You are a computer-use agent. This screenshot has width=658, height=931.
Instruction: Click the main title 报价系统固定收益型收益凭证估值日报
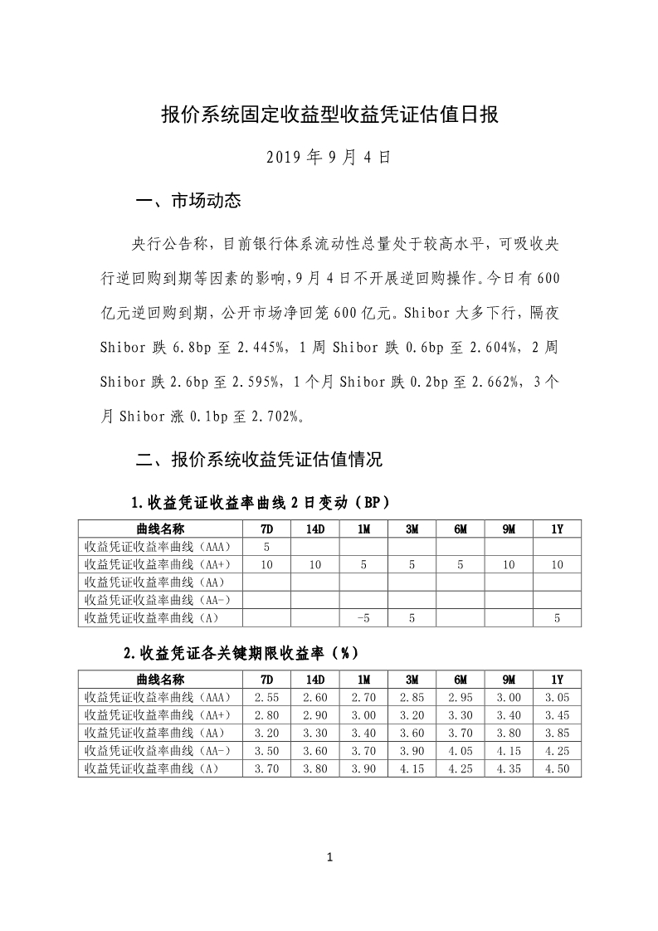pos(329,115)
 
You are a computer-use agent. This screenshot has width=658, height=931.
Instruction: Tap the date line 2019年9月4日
pos(329,155)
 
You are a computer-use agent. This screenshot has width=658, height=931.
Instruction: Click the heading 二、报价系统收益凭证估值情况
pos(259,459)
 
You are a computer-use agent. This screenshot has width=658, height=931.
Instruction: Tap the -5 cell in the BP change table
pos(363,617)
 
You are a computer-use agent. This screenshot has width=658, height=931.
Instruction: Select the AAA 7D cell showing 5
pos(266,547)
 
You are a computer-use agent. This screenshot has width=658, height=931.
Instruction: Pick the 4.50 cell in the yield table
pos(557,768)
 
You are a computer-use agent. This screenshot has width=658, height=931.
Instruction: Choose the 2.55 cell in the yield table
pos(266,697)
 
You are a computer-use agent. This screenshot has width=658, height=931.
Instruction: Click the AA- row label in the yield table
pos(159,750)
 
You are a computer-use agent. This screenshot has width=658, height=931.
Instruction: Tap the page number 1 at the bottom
pos(329,857)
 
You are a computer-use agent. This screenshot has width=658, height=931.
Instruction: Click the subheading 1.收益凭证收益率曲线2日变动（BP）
pos(259,503)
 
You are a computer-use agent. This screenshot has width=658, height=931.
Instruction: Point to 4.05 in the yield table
pos(461,750)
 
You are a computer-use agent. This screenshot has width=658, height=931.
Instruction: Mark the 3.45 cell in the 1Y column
pos(557,714)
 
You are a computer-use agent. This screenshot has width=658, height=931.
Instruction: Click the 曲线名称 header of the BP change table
pos(160,529)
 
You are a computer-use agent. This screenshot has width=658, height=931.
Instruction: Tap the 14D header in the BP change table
pos(314,529)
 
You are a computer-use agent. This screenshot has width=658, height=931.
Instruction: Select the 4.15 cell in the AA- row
pos(509,750)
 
